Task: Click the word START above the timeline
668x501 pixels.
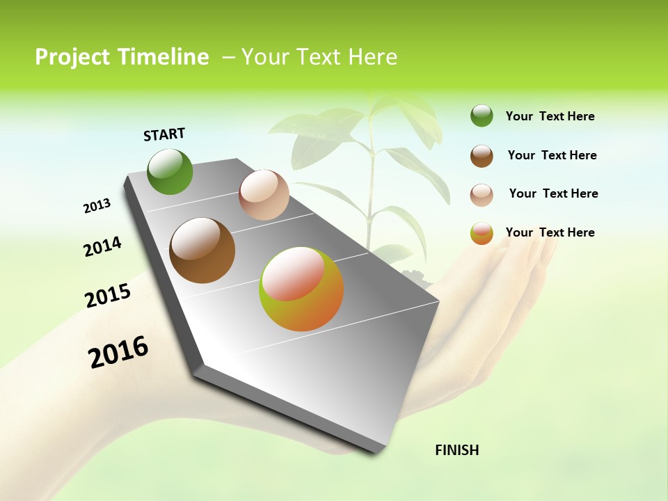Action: click(164, 134)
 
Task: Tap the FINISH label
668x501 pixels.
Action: click(457, 450)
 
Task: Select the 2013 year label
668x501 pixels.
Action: click(97, 206)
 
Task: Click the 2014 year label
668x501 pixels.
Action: click(102, 247)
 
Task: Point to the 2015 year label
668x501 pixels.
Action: click(108, 296)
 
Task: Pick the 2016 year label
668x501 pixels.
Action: click(118, 352)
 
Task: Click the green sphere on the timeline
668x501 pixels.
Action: click(170, 172)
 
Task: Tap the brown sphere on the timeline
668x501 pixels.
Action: click(202, 250)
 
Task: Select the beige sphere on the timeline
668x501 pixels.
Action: click(264, 195)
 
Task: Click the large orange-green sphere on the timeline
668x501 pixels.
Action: click(301, 289)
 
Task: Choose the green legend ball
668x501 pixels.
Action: click(482, 116)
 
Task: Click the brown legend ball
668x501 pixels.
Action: click(482, 156)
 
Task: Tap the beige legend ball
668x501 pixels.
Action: click(482, 195)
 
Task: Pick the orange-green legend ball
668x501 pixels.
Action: click(482, 233)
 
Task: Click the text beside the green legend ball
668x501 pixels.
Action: click(550, 116)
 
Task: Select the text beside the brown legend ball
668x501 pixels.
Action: click(552, 155)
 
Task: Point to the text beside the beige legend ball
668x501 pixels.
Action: click(553, 193)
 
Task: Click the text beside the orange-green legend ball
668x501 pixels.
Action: click(550, 232)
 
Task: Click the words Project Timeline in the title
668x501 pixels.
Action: click(122, 57)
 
